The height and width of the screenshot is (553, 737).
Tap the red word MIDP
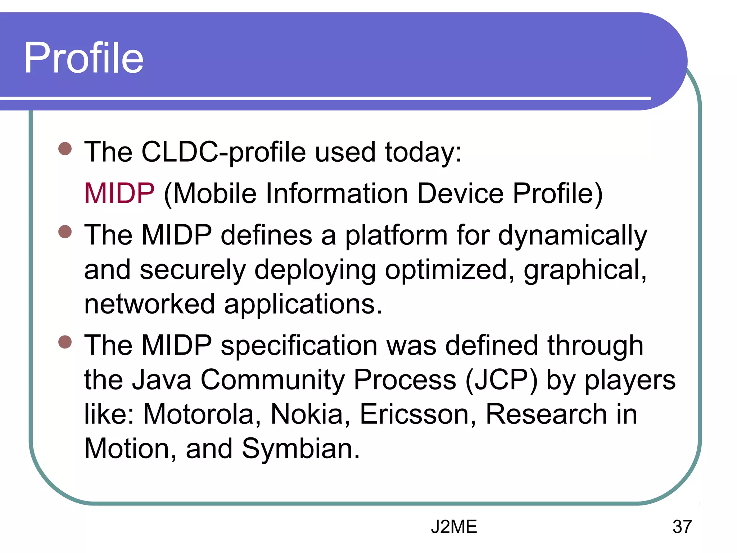(119, 193)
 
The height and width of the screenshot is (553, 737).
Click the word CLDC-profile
(223, 152)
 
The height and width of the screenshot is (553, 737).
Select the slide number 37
(682, 527)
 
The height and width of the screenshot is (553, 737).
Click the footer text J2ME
(454, 527)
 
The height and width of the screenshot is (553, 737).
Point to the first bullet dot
(65, 148)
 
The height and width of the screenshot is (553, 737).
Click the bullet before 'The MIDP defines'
(65, 232)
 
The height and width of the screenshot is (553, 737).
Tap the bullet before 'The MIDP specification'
(65, 342)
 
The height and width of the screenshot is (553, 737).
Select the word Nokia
(310, 414)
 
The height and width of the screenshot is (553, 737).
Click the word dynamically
(572, 236)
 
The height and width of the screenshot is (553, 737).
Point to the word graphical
(585, 270)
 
